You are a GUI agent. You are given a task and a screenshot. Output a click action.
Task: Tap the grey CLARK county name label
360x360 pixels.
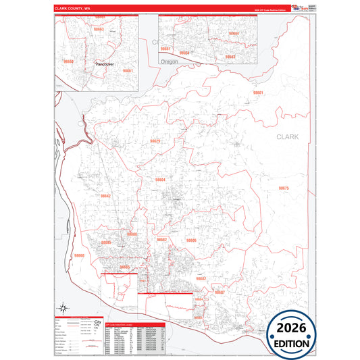[287, 136]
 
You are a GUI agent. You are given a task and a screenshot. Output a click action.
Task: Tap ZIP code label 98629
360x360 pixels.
[155, 141]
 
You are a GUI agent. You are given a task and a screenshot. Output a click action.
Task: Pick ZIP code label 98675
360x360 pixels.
[284, 188]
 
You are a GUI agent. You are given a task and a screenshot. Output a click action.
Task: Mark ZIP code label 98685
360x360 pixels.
[106, 242]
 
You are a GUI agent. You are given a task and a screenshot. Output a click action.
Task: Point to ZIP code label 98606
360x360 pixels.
[191, 240]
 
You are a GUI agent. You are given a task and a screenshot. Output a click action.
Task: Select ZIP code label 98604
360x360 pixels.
[160, 180]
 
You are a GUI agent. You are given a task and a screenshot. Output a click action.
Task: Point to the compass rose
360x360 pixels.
[62, 306]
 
